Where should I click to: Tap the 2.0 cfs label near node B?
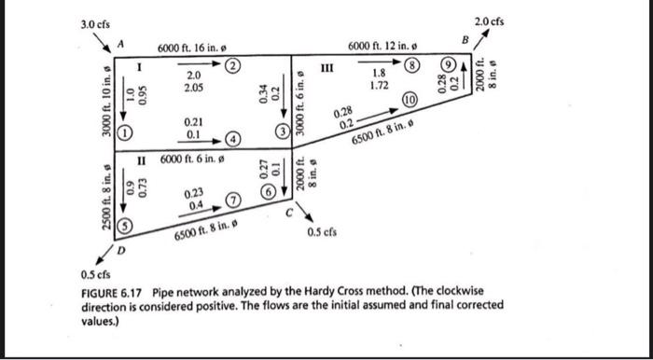click(x=489, y=21)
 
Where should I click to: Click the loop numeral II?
click(x=145, y=159)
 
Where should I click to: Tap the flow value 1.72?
click(x=378, y=85)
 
